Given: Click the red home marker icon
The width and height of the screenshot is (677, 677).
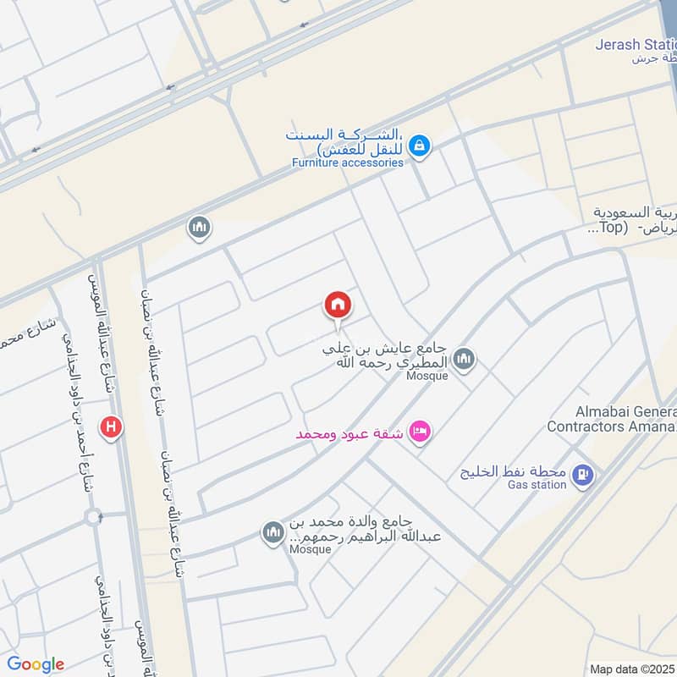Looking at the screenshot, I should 337,305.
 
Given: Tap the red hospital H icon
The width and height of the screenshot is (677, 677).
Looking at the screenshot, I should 111,428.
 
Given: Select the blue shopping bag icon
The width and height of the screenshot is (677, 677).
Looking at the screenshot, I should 418,147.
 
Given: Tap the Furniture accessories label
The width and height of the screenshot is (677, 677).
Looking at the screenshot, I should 347,162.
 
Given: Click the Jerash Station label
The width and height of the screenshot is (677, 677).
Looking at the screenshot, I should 635,44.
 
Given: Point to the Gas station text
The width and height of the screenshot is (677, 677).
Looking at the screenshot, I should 537,485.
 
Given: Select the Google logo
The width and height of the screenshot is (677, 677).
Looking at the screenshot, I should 36,664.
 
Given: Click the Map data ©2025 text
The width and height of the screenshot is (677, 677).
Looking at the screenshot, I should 631,669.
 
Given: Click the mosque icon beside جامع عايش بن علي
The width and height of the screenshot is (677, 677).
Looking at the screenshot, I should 463,361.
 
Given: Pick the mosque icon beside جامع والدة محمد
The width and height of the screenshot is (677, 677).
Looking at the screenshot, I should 272,532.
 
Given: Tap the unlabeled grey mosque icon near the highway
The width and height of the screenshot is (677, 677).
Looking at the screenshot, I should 200,227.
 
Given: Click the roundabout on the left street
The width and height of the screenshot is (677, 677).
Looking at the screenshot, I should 93,515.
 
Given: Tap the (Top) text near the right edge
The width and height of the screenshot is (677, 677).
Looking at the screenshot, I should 608,228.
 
